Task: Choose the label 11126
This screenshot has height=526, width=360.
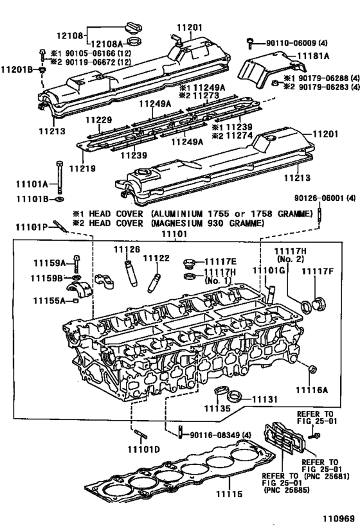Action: (127, 249)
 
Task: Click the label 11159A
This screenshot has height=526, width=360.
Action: (50, 262)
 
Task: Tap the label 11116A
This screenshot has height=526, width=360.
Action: (312, 390)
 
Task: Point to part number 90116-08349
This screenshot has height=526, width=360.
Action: (222, 435)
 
